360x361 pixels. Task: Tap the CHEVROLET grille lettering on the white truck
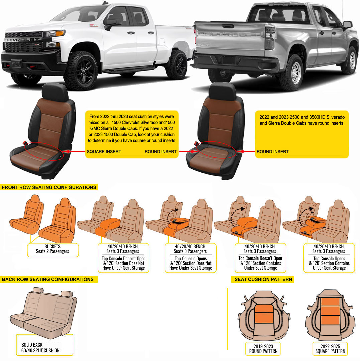pos(22,40)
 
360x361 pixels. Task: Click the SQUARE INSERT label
pos(104,152)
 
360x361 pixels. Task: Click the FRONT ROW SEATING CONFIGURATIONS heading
pos(49,187)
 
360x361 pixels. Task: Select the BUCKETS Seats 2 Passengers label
pos(52,249)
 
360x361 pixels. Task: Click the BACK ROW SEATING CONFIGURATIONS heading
pos(48,279)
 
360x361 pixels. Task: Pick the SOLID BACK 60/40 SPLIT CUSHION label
pos(40,348)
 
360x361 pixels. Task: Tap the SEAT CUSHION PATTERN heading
pos(263,279)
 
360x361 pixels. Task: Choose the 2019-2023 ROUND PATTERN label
pos(263,349)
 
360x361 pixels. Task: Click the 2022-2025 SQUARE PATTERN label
pos(330,349)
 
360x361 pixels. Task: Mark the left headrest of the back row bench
pos(38,290)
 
